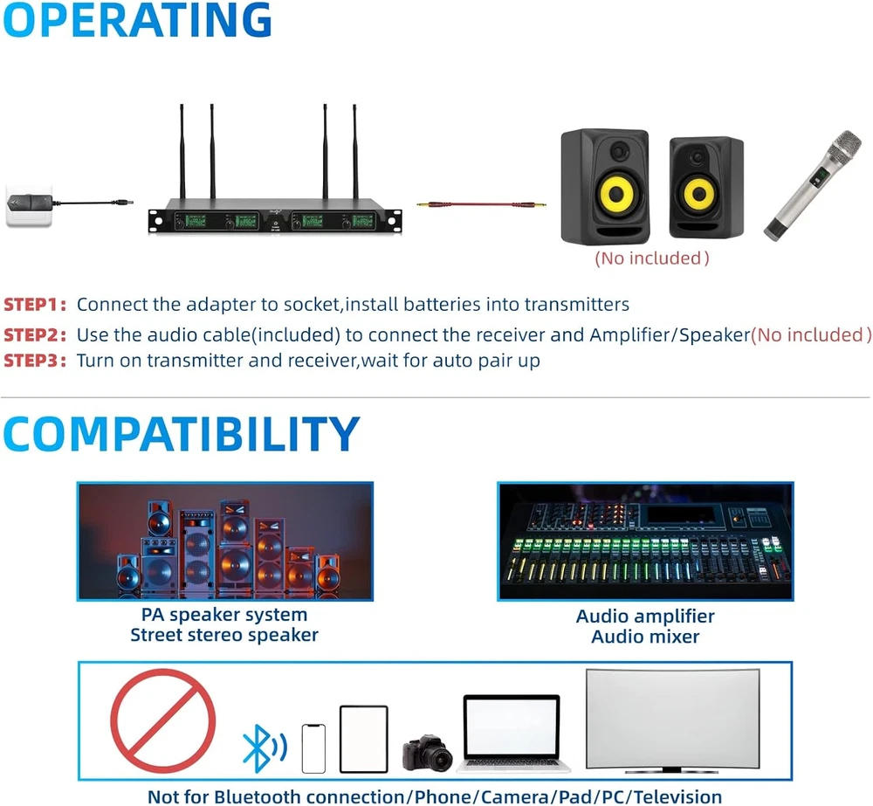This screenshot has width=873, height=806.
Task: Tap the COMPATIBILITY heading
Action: (x=182, y=435)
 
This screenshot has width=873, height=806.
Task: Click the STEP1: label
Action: (x=35, y=305)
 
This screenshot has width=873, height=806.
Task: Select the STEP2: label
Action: (x=35, y=334)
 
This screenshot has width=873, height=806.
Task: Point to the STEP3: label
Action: (x=35, y=361)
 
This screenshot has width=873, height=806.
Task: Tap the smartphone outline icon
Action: (x=313, y=748)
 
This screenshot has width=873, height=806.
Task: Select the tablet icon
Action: (x=363, y=739)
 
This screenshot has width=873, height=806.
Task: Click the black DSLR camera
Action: (x=428, y=752)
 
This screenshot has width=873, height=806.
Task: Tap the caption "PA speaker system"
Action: (x=224, y=615)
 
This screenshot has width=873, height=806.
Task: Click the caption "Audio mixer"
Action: (x=645, y=637)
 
